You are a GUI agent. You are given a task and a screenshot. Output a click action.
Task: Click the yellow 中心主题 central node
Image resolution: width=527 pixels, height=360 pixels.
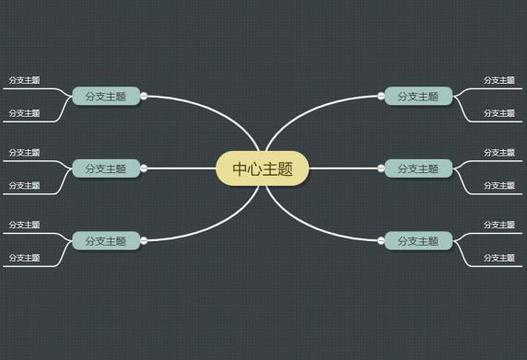(x=263, y=168)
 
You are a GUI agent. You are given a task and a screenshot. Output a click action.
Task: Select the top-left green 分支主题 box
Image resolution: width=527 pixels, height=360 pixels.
(x=106, y=96)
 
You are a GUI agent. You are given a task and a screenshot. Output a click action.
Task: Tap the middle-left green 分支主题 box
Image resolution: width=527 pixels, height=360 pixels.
(x=106, y=168)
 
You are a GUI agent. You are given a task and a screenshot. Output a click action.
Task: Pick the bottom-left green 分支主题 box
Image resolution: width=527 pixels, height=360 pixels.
(x=106, y=240)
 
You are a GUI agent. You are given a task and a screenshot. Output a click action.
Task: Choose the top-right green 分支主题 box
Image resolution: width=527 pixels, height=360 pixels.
(x=418, y=96)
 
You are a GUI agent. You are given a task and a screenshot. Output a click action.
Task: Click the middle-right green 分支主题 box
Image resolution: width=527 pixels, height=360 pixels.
(x=418, y=168)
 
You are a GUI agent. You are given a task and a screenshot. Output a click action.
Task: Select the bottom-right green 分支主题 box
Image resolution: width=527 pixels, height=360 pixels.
(x=418, y=240)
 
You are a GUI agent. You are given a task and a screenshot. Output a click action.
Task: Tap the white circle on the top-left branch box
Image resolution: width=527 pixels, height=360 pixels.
(x=144, y=95)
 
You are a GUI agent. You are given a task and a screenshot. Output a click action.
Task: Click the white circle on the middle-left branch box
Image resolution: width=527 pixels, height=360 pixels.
(x=144, y=168)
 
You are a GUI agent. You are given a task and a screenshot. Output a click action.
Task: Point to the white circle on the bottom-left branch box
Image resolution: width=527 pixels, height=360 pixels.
(x=144, y=240)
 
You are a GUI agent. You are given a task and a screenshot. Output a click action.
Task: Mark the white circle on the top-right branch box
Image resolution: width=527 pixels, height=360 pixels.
(x=381, y=95)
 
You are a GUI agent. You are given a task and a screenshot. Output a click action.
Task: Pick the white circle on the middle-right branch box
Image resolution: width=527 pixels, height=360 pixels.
(x=381, y=168)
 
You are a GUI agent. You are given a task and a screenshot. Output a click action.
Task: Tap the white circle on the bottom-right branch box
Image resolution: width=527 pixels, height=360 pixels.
(x=381, y=240)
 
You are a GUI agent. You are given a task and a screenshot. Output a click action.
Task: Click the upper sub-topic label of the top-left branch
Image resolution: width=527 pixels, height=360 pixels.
(x=25, y=80)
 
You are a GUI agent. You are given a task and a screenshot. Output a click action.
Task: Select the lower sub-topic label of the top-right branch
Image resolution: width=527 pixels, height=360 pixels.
(x=499, y=113)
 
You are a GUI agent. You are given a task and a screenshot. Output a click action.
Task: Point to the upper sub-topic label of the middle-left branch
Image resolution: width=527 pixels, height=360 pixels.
(x=25, y=152)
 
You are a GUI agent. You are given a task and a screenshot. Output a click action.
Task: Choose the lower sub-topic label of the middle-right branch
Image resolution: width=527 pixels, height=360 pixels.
(x=499, y=186)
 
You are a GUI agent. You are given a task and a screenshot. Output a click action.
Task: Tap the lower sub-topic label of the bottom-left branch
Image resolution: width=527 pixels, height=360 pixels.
(x=25, y=258)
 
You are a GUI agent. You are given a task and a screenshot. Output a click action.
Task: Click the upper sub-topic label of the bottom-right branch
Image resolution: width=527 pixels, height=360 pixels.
(x=499, y=225)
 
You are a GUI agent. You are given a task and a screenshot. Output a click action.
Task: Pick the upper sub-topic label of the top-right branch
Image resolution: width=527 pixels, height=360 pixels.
(x=499, y=80)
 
